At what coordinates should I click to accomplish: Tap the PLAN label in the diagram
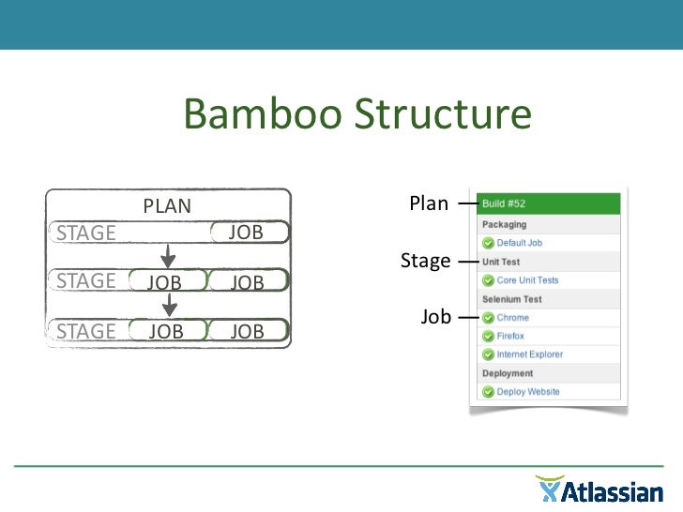click(167, 206)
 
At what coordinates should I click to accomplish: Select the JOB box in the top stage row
click(247, 233)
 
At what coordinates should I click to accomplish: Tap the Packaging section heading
click(505, 225)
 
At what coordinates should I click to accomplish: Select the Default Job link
click(519, 243)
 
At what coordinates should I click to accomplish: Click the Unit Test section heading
click(501, 262)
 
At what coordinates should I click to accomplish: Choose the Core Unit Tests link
click(527, 280)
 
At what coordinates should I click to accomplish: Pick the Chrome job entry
click(512, 318)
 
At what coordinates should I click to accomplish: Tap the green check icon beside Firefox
click(488, 336)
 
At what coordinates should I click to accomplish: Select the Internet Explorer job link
click(530, 354)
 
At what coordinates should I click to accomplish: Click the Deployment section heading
click(508, 373)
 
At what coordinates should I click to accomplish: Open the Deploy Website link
click(528, 392)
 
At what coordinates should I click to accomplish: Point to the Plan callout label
click(429, 203)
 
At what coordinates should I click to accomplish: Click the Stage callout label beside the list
click(425, 261)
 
